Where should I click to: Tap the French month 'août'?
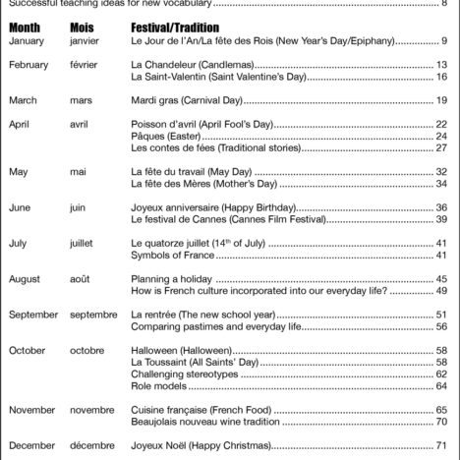coord(80,279)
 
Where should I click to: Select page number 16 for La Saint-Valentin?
coord(441,76)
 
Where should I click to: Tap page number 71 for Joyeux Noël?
coord(441,445)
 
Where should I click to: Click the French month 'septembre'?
coord(93,315)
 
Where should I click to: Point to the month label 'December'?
coord(30,445)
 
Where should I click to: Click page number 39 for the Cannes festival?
coord(441,219)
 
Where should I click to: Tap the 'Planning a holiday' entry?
coord(172,279)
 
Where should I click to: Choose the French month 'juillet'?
coord(83,243)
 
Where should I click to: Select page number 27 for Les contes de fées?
coord(441,147)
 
